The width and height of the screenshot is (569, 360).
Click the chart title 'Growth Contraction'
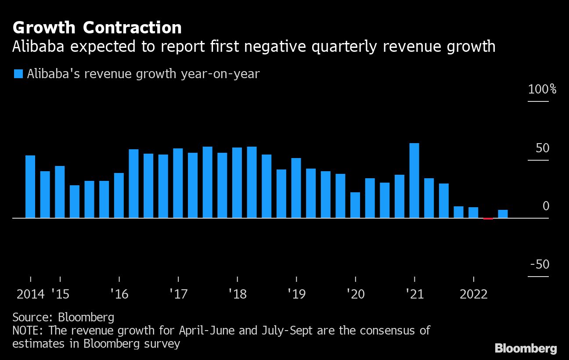(97, 28)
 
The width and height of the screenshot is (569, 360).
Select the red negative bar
(488, 218)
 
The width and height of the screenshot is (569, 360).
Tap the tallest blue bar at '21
(414, 180)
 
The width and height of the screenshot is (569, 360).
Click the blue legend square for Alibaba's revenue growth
(18, 74)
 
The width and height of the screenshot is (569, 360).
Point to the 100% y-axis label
(542, 90)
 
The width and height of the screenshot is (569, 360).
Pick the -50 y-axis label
(540, 265)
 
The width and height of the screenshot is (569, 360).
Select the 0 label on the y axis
(546, 206)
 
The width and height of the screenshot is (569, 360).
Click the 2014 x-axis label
(30, 294)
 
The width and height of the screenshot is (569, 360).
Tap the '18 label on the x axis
(238, 294)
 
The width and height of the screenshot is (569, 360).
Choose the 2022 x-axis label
(473, 294)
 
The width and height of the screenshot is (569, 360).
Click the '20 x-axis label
(355, 294)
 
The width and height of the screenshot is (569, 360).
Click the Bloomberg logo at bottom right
(526, 349)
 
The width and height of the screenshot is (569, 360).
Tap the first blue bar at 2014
(30, 187)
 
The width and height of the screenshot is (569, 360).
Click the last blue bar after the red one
(503, 214)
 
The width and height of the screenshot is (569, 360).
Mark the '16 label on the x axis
(119, 294)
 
